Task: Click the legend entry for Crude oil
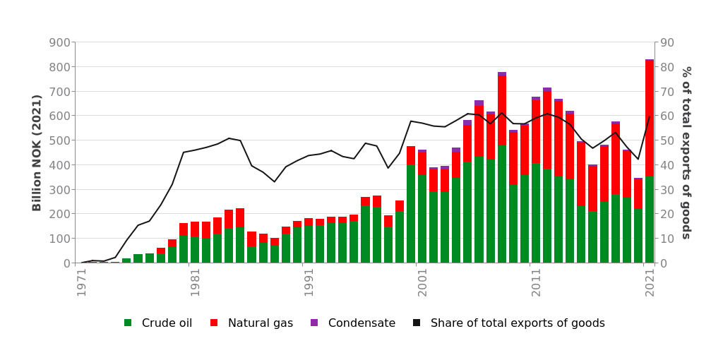point(158,323)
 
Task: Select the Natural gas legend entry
point(252,323)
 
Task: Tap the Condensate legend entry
point(353,323)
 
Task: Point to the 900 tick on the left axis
point(60,42)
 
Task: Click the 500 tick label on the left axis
point(60,140)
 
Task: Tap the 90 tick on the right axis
point(667,42)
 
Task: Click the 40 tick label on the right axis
point(667,165)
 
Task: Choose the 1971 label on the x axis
point(82,282)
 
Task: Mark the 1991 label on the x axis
point(309,282)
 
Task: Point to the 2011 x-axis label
point(536,282)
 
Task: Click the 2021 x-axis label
point(650,282)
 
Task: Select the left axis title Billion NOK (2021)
point(37,152)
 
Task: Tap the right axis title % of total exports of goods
point(686,152)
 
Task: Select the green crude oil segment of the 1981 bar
point(195,250)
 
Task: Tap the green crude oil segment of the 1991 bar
point(309,244)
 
